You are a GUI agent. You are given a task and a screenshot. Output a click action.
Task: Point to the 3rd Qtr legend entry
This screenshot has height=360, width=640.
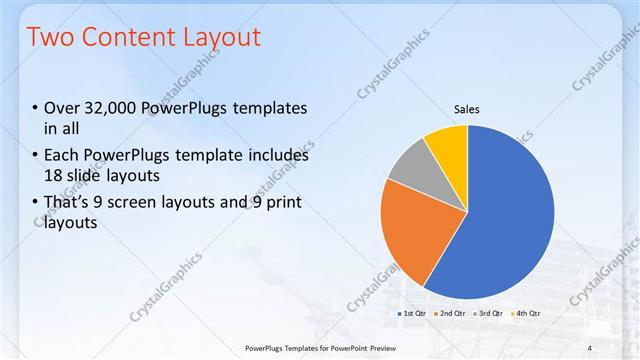click(x=488, y=314)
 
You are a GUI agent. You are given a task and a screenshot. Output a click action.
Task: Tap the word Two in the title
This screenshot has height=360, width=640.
click(x=49, y=37)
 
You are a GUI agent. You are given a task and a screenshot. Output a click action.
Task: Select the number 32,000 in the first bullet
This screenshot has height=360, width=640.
click(x=117, y=108)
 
